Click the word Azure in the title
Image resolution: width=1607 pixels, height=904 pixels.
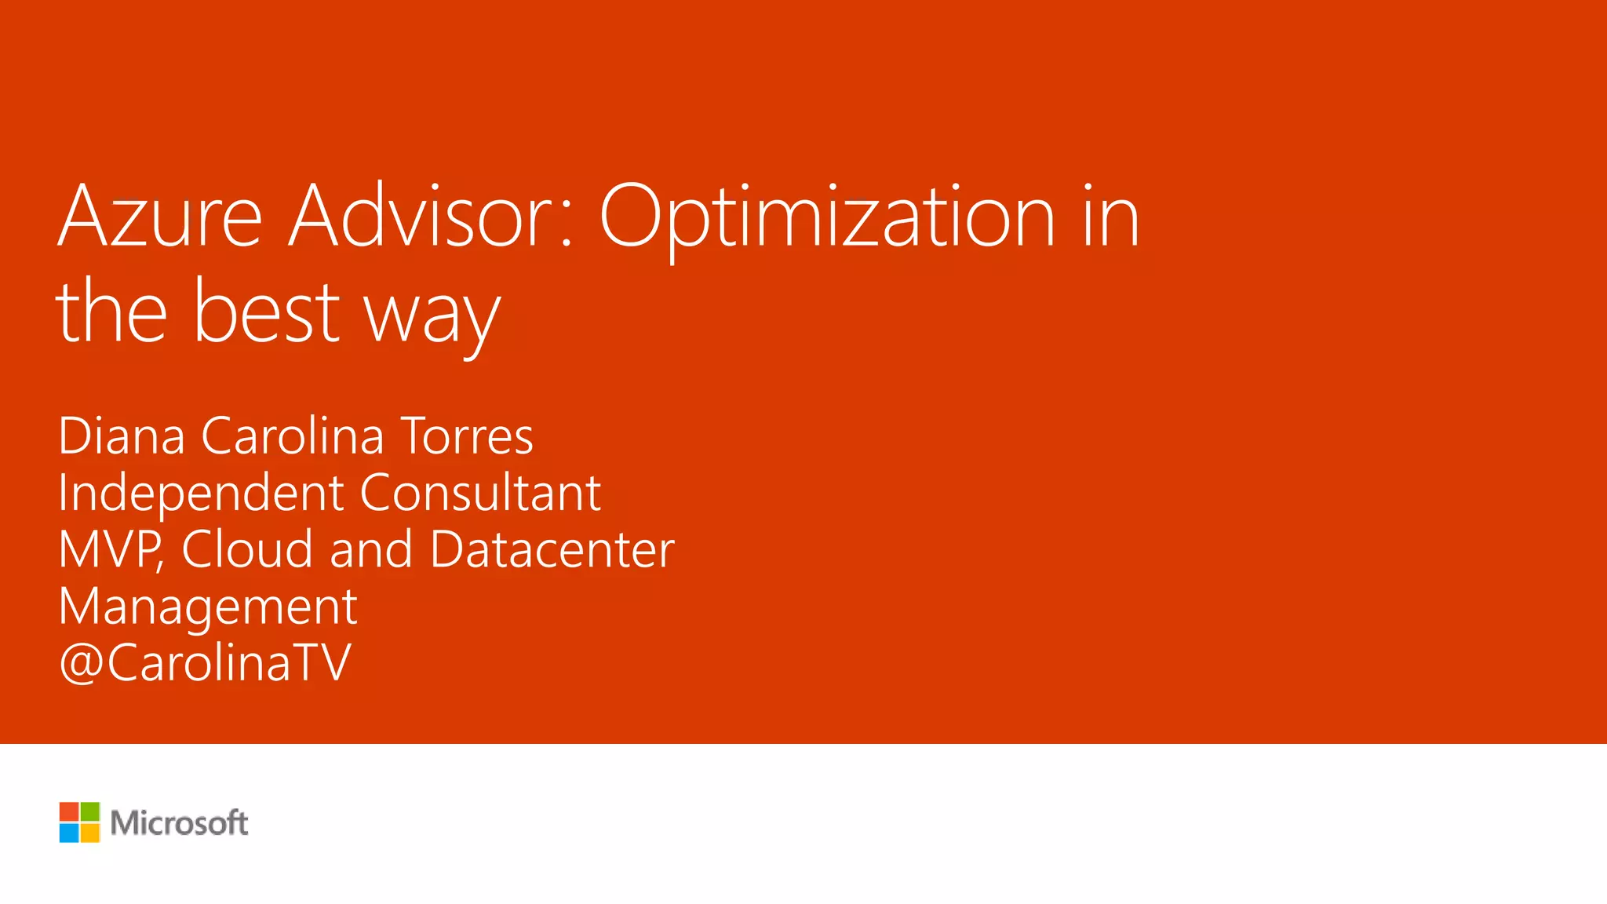[159, 216]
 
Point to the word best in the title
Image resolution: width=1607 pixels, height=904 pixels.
[267, 312]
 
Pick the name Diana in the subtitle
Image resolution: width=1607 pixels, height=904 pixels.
[122, 436]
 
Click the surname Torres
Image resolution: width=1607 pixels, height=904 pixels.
[467, 436]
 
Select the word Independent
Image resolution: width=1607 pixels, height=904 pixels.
[202, 494]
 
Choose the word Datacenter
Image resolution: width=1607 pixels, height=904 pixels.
[552, 549]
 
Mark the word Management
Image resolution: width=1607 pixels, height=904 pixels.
[208, 607]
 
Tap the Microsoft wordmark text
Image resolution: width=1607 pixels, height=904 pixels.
[179, 822]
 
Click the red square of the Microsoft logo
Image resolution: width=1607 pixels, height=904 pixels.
[69, 811]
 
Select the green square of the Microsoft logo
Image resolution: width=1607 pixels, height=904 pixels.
[90, 811]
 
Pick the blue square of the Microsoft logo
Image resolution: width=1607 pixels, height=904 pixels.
[69, 833]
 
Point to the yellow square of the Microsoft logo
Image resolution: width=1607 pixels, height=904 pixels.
[90, 833]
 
